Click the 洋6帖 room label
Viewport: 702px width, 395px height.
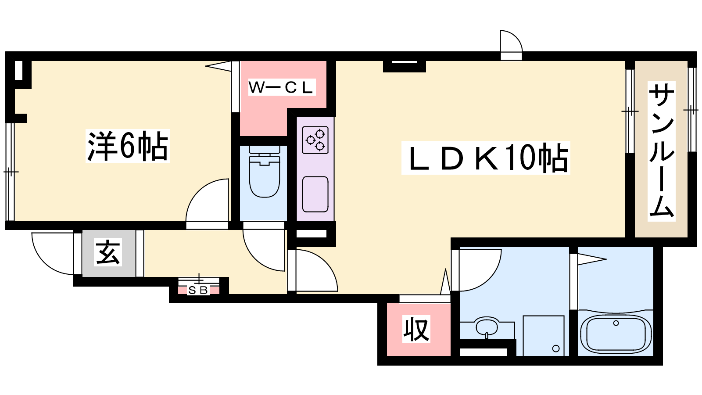128,146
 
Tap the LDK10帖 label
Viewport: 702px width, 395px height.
486,158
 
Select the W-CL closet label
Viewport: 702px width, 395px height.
281,87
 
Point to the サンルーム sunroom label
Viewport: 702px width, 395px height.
661,151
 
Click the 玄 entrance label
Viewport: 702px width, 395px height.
108,252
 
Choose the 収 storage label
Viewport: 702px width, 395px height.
416,329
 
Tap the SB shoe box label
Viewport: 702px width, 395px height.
198,291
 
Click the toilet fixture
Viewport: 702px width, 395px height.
265,172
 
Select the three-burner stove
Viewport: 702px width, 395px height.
315,140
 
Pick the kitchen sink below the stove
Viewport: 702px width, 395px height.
315,194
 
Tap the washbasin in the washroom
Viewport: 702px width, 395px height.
486,327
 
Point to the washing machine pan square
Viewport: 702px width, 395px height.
544,335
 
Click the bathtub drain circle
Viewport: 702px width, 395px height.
616,323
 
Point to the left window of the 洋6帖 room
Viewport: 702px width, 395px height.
11,172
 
